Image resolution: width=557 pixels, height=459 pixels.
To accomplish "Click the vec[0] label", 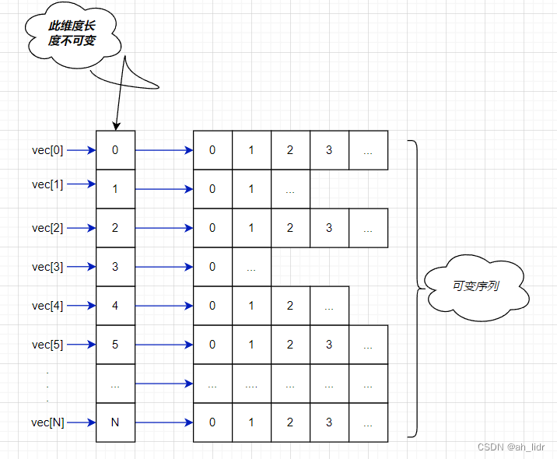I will (x=47, y=150).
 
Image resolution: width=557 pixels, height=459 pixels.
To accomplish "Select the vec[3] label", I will (x=47, y=267).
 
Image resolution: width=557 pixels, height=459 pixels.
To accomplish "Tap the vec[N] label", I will (x=47, y=422).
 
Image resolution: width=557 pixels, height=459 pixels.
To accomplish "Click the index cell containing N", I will (x=115, y=422).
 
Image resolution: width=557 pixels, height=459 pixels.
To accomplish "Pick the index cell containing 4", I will (x=115, y=306).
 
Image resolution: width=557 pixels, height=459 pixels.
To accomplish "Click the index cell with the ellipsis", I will (x=115, y=384).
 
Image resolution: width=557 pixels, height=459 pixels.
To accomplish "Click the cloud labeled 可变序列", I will (x=475, y=286).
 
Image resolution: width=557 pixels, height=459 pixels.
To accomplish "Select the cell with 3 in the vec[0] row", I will (x=329, y=150).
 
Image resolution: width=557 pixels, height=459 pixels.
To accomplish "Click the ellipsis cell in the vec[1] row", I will (x=290, y=189).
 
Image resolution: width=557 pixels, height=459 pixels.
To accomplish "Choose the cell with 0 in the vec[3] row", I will (x=212, y=267).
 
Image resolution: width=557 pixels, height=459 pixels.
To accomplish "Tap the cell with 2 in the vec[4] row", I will (x=290, y=306).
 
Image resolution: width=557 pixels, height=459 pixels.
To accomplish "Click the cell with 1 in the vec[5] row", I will (x=251, y=345).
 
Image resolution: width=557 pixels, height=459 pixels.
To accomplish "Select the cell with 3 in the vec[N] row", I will (x=329, y=422).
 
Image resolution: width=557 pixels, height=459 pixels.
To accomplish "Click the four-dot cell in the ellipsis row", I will (x=251, y=384).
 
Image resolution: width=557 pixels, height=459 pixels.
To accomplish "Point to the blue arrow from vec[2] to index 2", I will (x=81, y=228).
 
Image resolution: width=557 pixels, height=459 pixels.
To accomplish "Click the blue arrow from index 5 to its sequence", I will (x=163, y=345).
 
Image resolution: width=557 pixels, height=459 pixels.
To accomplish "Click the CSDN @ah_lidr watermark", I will (x=511, y=447).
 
